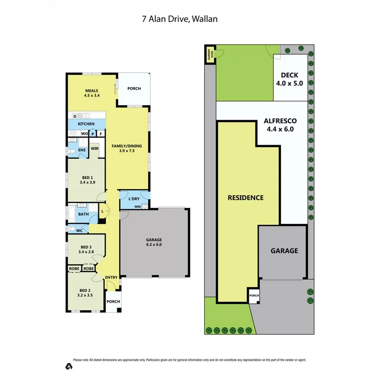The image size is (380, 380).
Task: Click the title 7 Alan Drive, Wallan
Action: [179, 19]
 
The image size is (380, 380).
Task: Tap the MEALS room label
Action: [92, 92]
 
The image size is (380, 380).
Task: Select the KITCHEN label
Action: [86, 124]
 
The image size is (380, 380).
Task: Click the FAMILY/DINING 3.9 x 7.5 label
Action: [127, 148]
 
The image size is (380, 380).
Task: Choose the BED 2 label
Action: [85, 293]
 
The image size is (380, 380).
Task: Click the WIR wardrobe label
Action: [95, 148]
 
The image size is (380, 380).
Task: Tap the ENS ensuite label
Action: [82, 150]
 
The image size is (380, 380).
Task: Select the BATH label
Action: [83, 214]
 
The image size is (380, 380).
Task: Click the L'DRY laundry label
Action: [135, 198]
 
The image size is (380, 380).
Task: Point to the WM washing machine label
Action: [137, 206]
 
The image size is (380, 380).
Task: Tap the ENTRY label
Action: [111, 277]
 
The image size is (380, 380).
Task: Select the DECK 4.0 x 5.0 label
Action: [290, 79]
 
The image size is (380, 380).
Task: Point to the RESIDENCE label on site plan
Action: [245, 198]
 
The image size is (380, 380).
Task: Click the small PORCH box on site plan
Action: [253, 296]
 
